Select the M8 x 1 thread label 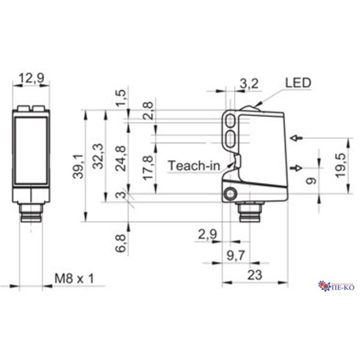pyautogui.click(x=74, y=278)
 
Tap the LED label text pyautogui.click(x=298, y=82)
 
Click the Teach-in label pyautogui.click(x=194, y=165)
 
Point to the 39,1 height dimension pyautogui.click(x=78, y=165)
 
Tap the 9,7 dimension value pyautogui.click(x=235, y=255)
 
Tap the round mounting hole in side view pyautogui.click(x=230, y=194)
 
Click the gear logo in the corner pyautogui.click(x=324, y=287)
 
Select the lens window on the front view pyautogui.click(x=30, y=149)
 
